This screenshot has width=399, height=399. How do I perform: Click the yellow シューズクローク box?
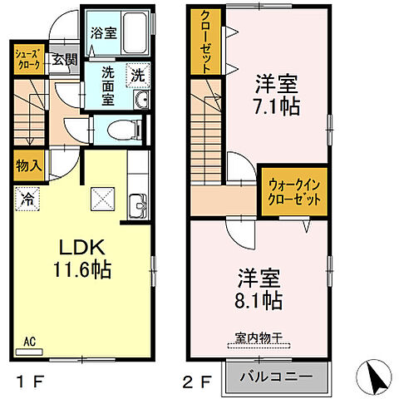point(26,60)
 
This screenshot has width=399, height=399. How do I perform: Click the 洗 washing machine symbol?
point(135,74)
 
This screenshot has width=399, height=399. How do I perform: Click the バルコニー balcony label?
point(277,376)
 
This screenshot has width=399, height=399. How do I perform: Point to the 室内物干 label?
point(258,338)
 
